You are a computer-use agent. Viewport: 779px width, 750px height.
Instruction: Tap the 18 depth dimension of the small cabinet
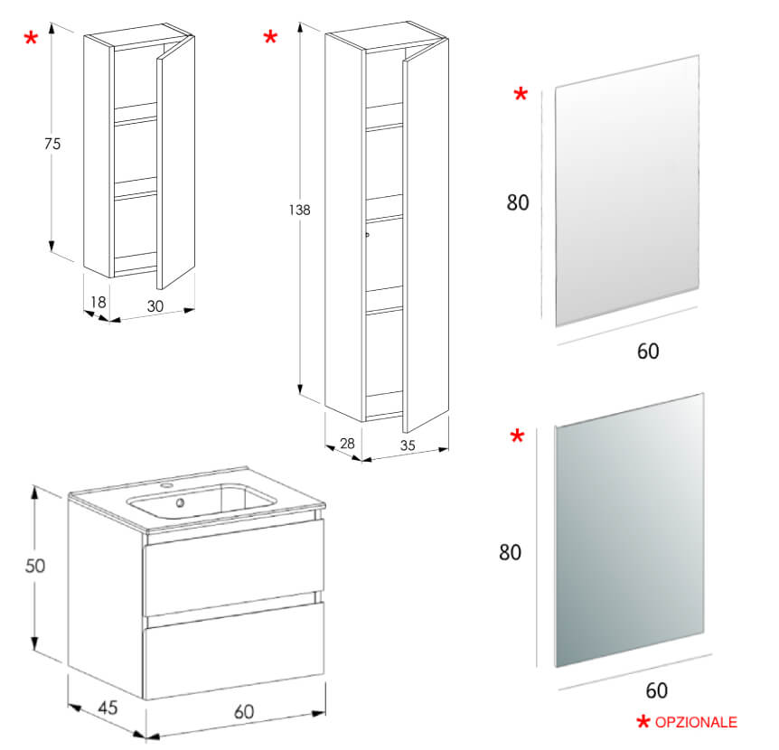point(99,303)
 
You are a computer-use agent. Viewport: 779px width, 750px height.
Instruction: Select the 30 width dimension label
point(155,306)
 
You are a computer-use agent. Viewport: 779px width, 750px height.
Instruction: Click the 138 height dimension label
point(300,210)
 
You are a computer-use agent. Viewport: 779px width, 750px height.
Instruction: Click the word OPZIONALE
point(695,722)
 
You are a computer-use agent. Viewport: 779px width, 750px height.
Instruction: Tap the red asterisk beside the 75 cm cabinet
point(32,39)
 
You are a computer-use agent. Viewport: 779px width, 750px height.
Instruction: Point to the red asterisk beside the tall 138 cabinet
point(270,38)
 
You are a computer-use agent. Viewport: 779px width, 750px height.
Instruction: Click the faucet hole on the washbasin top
point(167,488)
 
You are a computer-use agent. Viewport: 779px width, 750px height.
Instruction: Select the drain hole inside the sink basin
point(180,503)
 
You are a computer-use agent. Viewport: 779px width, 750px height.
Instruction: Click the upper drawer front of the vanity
point(233,567)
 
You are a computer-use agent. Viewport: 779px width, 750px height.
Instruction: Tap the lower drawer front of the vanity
point(233,651)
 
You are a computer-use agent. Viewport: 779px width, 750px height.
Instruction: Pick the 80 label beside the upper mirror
point(518,202)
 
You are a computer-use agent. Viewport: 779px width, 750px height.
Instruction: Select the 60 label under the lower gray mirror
point(657,690)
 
